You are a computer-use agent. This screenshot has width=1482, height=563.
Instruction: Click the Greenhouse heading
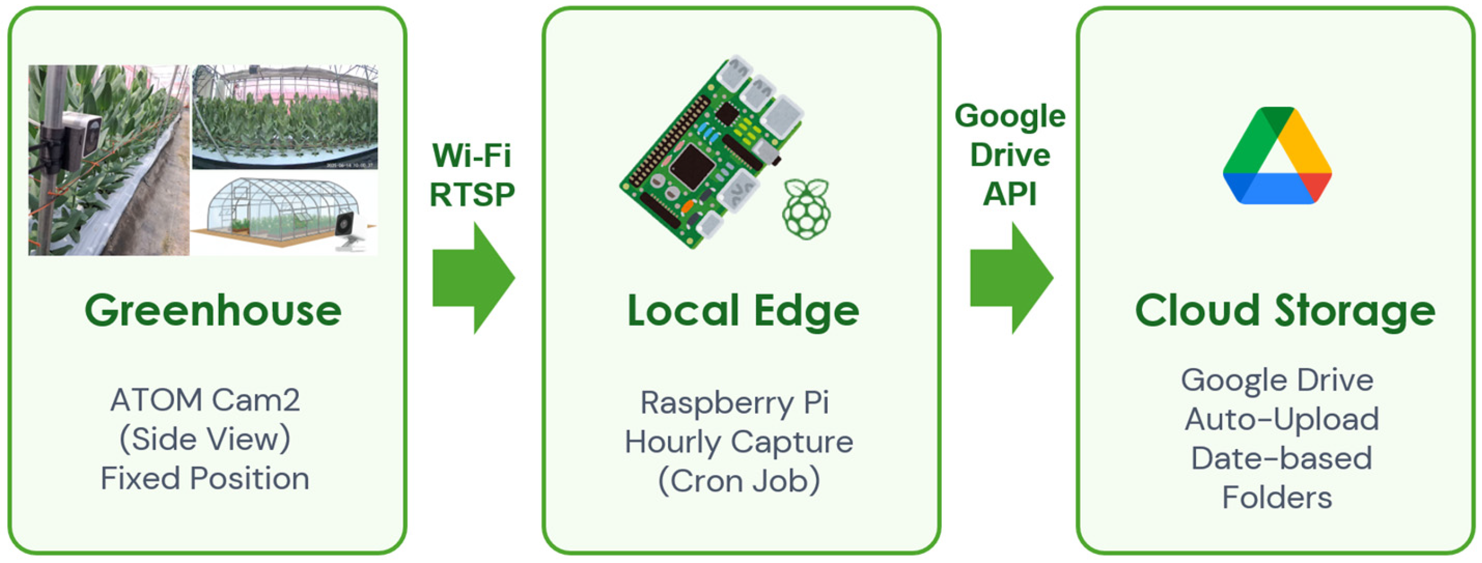(213, 311)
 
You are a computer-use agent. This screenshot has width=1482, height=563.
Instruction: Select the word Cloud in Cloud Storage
(1197, 312)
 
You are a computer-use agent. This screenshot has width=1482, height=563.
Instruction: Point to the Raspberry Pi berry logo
(806, 209)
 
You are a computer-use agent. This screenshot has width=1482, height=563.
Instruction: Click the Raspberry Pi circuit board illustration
(710, 153)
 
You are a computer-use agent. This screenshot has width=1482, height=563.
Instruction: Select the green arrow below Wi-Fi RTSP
(473, 278)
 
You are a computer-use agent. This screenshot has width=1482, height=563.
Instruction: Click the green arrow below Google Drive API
(1011, 278)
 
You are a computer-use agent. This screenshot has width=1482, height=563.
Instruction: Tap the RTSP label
(472, 194)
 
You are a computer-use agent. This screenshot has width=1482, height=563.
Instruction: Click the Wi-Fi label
(472, 155)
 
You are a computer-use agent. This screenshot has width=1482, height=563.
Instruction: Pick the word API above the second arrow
(1010, 194)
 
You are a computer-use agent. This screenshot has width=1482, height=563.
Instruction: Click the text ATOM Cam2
(206, 400)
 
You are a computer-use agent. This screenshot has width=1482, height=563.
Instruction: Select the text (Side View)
(206, 440)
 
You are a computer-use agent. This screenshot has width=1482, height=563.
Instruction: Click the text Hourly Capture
(739, 442)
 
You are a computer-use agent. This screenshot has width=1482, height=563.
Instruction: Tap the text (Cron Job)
(739, 481)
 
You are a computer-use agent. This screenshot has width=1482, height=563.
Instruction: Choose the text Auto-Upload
(1282, 419)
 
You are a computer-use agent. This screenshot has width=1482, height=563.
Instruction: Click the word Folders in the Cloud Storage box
(1277, 497)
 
